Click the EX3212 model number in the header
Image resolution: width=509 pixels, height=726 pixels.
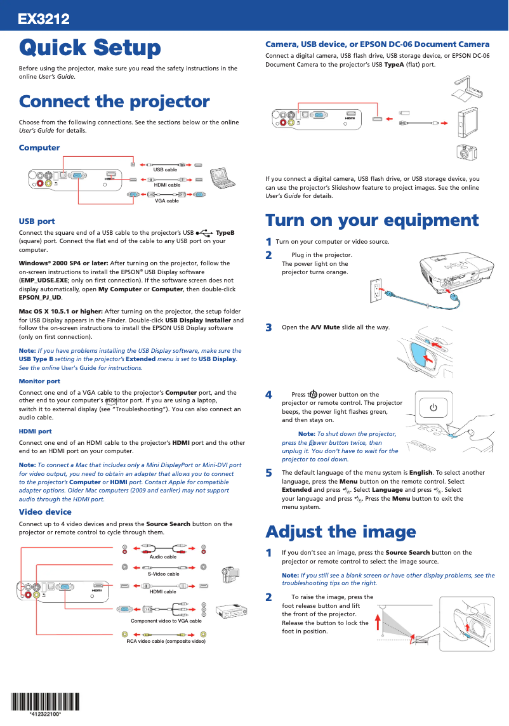(x=43, y=20)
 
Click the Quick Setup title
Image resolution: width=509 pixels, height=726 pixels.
(x=89, y=48)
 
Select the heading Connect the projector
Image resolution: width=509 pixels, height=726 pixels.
(x=114, y=102)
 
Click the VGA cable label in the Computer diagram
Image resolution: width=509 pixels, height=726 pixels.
(x=167, y=201)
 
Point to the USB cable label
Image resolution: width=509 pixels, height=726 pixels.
(x=165, y=169)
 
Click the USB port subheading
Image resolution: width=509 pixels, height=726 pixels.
(x=37, y=221)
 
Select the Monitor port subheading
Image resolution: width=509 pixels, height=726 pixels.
(x=39, y=381)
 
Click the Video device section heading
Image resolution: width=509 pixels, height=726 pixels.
(x=45, y=511)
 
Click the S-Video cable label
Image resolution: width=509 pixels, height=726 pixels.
(x=163, y=574)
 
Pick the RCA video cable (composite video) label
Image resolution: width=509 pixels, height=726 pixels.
(x=166, y=642)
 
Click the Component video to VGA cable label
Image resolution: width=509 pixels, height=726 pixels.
(x=166, y=621)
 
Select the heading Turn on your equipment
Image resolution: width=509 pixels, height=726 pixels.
(x=371, y=220)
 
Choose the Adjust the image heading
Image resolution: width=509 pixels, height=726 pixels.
(x=340, y=531)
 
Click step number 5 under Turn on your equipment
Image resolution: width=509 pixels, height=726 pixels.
(x=268, y=473)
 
